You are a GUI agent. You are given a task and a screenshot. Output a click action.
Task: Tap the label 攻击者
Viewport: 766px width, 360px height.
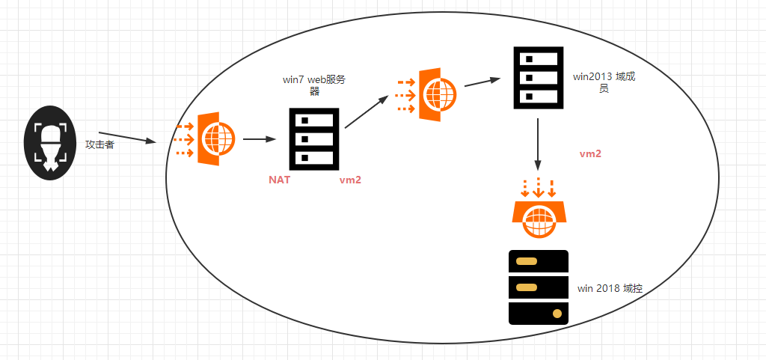point(99,144)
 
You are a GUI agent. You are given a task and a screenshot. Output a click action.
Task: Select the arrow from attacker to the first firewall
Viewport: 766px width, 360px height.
point(127,138)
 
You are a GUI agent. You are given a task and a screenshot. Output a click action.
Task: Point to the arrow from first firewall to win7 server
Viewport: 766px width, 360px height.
point(260,139)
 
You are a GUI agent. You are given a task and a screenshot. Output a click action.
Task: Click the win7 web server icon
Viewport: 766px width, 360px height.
point(314,138)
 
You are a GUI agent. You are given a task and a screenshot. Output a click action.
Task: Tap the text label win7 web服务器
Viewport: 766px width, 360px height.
point(314,85)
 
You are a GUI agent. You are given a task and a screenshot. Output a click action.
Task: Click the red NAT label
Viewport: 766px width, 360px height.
point(280,180)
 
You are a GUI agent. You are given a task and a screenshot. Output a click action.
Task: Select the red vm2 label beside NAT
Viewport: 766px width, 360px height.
point(350,180)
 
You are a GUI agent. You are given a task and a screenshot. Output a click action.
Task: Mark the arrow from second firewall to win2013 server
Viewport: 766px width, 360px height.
point(482,82)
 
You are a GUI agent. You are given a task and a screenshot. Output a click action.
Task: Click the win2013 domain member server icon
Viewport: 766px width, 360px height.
point(538,77)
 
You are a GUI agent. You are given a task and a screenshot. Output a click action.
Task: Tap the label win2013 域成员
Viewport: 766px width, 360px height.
point(604,82)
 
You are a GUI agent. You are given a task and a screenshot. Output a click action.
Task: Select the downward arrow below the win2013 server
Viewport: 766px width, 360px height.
point(538,144)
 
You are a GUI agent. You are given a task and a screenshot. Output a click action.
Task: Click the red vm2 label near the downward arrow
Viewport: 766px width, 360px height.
point(590,153)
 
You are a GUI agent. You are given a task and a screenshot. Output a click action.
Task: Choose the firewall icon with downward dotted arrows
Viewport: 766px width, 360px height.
point(539,210)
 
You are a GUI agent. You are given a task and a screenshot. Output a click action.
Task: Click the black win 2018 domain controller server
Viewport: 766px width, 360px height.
point(539,287)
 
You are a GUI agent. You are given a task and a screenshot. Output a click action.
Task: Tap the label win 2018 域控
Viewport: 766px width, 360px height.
point(610,289)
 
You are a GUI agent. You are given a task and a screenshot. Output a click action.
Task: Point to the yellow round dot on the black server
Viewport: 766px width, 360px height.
point(556,313)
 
